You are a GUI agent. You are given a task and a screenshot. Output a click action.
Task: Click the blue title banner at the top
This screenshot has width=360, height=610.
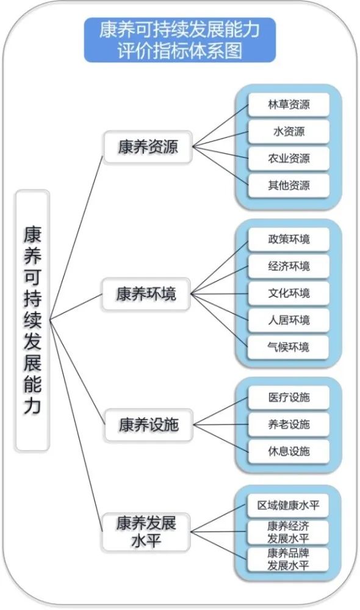tap(180, 40)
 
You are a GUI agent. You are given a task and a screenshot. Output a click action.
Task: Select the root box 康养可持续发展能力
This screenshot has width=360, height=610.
tap(32, 320)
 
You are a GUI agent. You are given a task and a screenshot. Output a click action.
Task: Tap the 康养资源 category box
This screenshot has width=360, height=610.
tap(148, 147)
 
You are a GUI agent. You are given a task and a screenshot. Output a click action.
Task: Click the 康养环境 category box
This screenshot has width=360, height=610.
tap(146, 294)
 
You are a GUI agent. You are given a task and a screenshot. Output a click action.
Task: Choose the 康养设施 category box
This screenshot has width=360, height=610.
tap(148, 425)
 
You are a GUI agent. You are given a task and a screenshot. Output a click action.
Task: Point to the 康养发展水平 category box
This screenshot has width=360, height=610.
tap(146, 532)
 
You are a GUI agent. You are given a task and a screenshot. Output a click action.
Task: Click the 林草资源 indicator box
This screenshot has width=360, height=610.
tap(289, 105)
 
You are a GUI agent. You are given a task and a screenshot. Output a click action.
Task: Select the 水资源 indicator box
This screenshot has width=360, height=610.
tap(289, 132)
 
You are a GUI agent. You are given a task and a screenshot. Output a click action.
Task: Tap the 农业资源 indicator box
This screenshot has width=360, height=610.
tap(289, 159)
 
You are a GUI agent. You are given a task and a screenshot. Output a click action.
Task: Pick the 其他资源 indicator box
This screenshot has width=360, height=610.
tap(289, 185)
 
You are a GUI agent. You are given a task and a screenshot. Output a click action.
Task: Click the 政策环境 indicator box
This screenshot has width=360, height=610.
tap(289, 239)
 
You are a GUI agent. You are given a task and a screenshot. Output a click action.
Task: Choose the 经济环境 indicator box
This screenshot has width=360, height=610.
tap(289, 266)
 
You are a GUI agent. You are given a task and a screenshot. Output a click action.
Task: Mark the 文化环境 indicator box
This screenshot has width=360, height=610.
tap(289, 293)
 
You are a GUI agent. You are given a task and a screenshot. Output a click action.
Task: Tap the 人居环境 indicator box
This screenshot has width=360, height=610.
tap(289, 320)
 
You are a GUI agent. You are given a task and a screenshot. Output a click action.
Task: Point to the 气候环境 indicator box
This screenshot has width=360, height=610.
tap(289, 347)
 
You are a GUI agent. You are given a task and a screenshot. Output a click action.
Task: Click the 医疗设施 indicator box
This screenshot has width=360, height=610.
tap(289, 397)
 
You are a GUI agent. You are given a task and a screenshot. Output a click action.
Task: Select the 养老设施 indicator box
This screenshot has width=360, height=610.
tap(289, 424)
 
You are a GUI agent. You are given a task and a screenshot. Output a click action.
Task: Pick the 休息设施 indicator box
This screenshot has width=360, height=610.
tap(289, 451)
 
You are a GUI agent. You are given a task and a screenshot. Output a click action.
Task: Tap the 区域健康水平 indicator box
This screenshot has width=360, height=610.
tap(289, 505)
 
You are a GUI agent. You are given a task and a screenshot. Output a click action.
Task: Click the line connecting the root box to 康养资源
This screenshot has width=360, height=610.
tap(77, 237)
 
